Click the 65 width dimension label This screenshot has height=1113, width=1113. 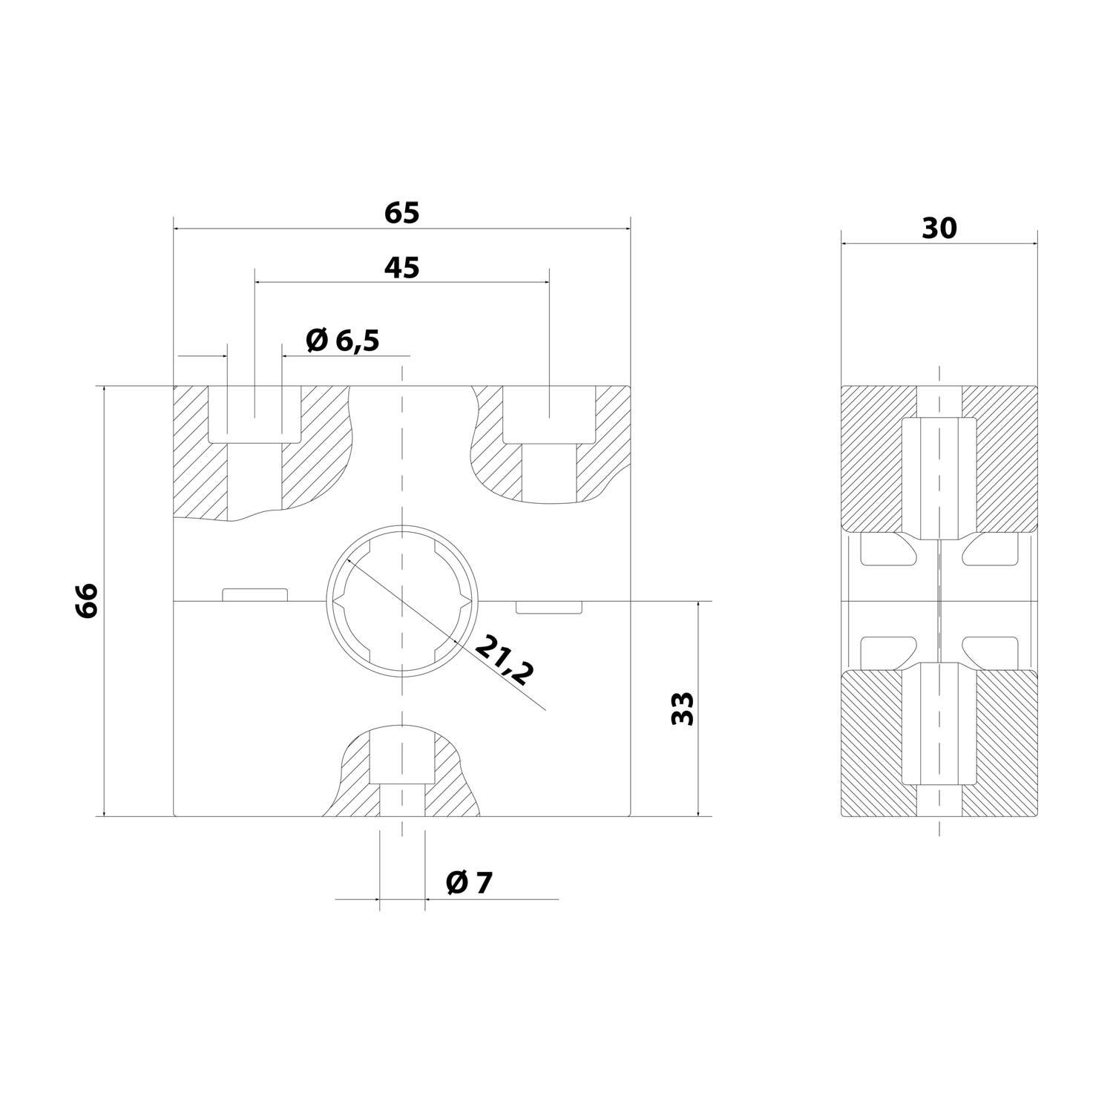tap(402, 213)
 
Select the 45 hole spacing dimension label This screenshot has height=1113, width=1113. tap(402, 268)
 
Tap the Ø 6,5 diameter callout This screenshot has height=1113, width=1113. tap(343, 341)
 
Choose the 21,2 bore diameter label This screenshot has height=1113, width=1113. tap(504, 660)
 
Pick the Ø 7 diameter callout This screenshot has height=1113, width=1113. tap(469, 882)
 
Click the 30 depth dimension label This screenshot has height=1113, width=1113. tap(939, 229)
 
